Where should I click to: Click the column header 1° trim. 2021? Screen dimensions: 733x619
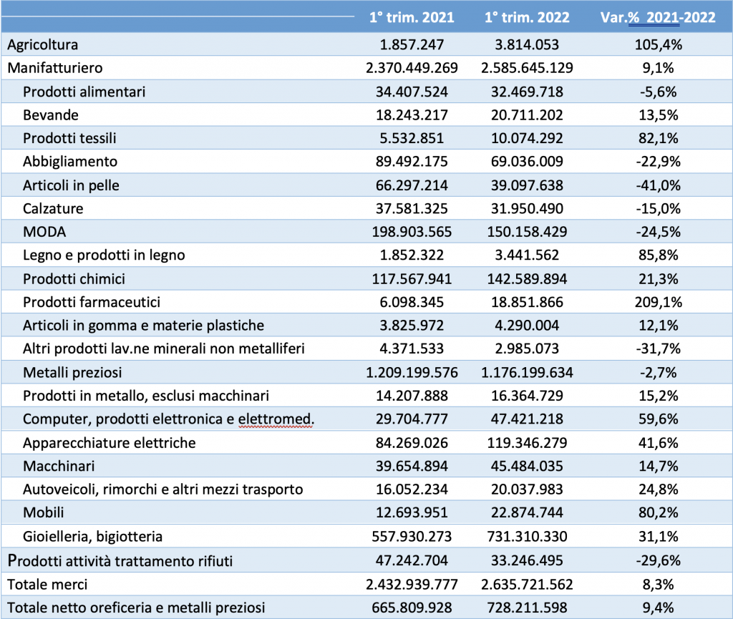pyautogui.click(x=412, y=17)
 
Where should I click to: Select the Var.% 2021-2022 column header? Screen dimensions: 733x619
pyautogui.click(x=658, y=17)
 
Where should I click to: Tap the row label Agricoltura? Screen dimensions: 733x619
pyautogui.click(x=42, y=45)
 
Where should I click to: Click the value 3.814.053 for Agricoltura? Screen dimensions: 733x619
pyautogui.click(x=527, y=44)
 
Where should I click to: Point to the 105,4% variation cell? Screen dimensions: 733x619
pyautogui.click(x=659, y=44)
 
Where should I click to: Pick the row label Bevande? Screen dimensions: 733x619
pyautogui.click(x=51, y=115)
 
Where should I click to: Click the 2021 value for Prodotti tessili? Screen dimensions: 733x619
pyautogui.click(x=412, y=138)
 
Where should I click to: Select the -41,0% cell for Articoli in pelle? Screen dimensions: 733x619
pyautogui.click(x=659, y=185)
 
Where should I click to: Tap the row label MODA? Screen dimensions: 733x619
pyautogui.click(x=44, y=232)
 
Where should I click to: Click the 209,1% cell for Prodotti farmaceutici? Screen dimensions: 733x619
pyautogui.click(x=659, y=302)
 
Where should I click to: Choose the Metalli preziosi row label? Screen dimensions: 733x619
pyautogui.click(x=72, y=372)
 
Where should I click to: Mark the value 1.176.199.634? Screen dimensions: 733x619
pyautogui.click(x=527, y=372)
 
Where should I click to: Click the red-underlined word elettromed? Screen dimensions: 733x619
pyautogui.click(x=276, y=419)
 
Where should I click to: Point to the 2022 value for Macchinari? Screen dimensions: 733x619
pyautogui.click(x=527, y=466)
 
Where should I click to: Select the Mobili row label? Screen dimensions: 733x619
pyautogui.click(x=43, y=512)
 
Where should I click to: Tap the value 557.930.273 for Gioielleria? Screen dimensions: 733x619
pyautogui.click(x=412, y=536)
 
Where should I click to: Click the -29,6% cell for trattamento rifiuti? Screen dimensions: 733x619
pyautogui.click(x=659, y=560)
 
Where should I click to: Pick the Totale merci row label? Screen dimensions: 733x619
pyautogui.click(x=47, y=585)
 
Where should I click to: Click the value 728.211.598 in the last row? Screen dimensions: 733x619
pyautogui.click(x=527, y=608)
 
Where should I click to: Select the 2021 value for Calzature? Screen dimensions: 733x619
pyautogui.click(x=412, y=208)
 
